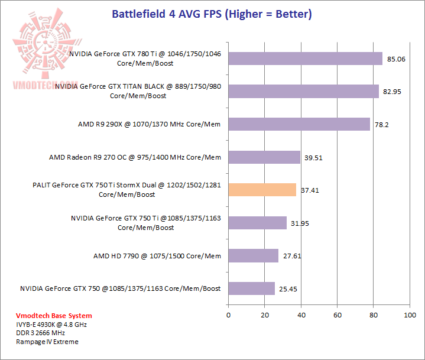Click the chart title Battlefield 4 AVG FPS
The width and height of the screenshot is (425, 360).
click(x=212, y=13)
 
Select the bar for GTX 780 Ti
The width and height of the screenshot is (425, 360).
click(x=305, y=59)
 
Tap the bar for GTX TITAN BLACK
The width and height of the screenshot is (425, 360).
click(x=303, y=91)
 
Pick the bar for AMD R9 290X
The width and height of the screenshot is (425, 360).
click(x=299, y=124)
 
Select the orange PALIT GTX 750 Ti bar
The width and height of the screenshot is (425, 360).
click(x=262, y=190)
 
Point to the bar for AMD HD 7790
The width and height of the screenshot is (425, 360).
click(x=253, y=255)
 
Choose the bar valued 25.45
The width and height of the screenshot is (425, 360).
click(x=251, y=288)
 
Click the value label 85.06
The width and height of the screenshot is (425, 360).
click(x=395, y=59)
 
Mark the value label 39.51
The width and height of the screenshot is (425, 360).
click(x=313, y=158)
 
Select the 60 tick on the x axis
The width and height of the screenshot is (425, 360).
click(x=337, y=315)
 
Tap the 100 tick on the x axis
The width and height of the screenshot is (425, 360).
click(x=410, y=315)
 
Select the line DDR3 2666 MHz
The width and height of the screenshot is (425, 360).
click(x=40, y=333)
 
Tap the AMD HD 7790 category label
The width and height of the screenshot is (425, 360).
click(x=157, y=256)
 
